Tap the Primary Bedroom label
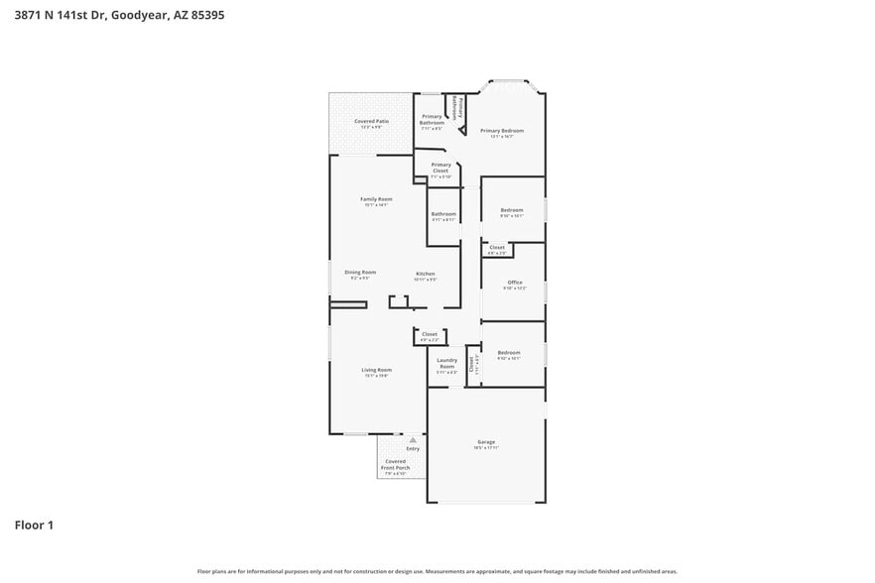coord(502,131)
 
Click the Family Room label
coord(376,199)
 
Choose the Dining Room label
coord(360,273)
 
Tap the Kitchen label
coord(425,274)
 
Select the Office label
coord(515,283)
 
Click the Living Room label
coord(376,370)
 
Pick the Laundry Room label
coord(446,364)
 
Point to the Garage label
coord(486,442)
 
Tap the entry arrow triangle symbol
coord(413,439)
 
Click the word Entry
coord(413,449)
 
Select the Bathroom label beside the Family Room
coord(443,214)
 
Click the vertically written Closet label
coord(471,363)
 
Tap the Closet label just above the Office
coord(497,247)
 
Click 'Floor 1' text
coord(34,525)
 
